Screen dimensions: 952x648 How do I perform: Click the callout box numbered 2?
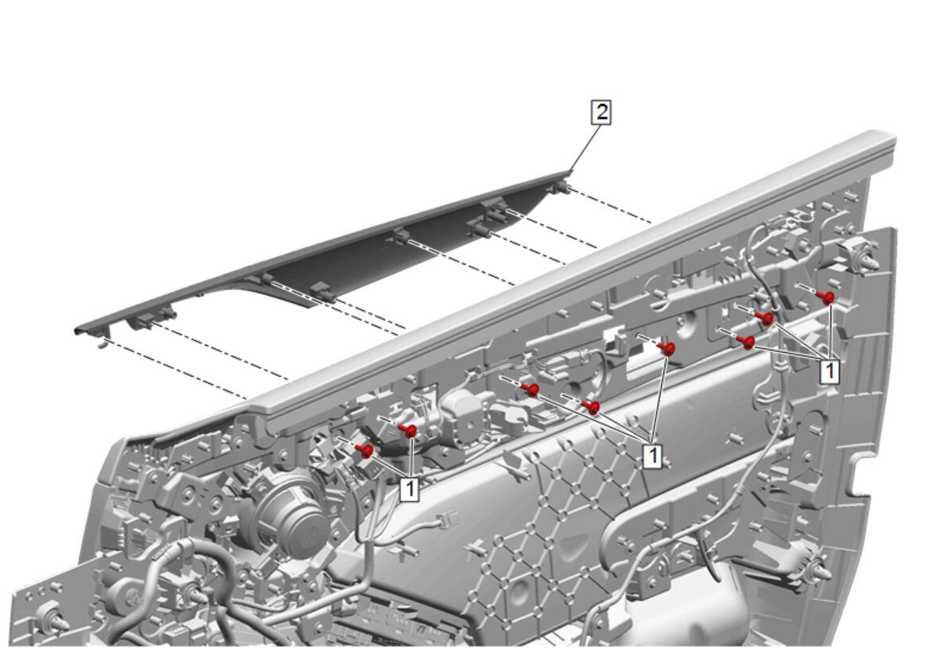(600, 112)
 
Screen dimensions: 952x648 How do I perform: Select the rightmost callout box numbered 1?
(830, 371)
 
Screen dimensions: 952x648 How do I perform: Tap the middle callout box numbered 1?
(653, 456)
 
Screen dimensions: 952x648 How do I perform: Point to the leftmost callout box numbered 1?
(410, 489)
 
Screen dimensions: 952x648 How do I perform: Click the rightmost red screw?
(825, 297)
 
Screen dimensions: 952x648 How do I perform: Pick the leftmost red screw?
(366, 450)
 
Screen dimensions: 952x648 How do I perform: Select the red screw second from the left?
(409, 431)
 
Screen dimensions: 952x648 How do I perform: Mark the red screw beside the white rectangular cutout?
(666, 349)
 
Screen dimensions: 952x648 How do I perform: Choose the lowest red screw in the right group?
(747, 343)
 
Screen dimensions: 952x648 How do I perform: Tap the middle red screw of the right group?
(765, 319)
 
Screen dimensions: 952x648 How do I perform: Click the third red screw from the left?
(530, 390)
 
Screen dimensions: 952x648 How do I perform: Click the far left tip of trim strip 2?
(76, 332)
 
